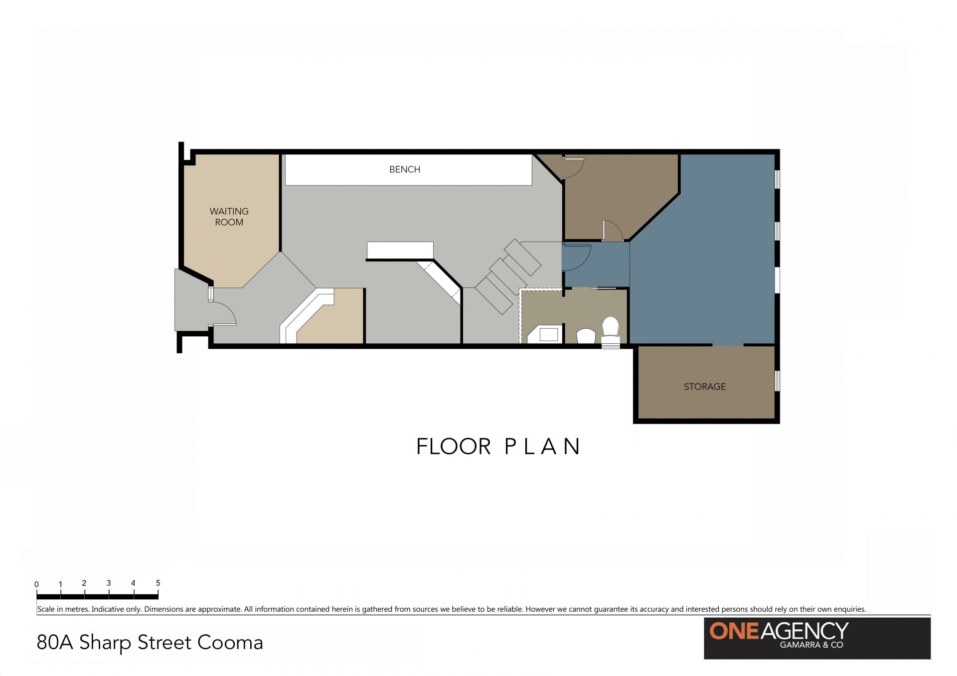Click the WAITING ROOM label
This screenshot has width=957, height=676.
pos(229,217)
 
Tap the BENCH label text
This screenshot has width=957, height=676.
pos(405,169)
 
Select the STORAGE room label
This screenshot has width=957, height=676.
pos(705,387)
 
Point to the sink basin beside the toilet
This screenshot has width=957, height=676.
pos(586,336)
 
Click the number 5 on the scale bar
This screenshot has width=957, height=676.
pos(158,583)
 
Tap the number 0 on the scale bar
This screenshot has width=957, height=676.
pos(36,584)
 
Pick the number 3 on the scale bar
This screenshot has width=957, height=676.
pos(109,583)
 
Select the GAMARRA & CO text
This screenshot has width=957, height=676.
pos(811,645)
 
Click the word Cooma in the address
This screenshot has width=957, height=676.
pos(230,643)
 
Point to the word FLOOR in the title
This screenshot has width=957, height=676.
pos(454,446)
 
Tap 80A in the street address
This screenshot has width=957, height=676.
pos(55,643)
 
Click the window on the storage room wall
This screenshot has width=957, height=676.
pos(777,381)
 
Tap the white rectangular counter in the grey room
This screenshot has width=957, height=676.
pos(400,250)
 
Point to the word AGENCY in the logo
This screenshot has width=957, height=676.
pos(804,631)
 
